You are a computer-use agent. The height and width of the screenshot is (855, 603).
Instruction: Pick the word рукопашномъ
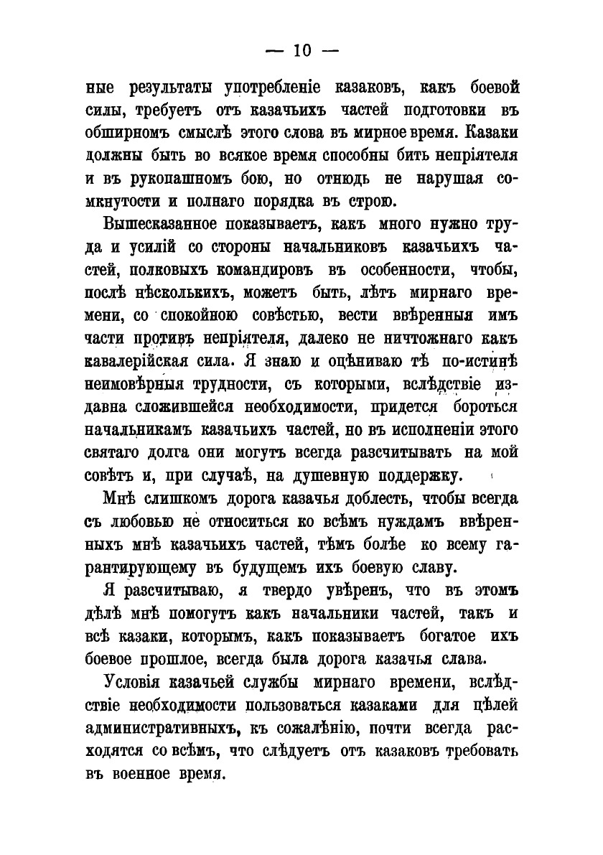tap(163, 179)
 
